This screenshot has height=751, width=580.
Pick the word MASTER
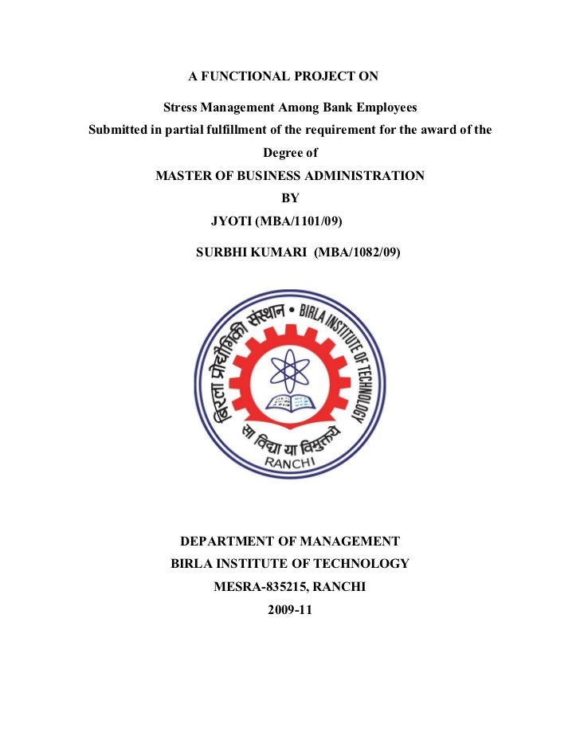point(184,175)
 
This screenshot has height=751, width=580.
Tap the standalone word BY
point(290,198)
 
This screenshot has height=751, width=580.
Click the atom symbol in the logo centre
point(289,369)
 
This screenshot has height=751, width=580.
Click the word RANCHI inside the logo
point(290,463)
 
